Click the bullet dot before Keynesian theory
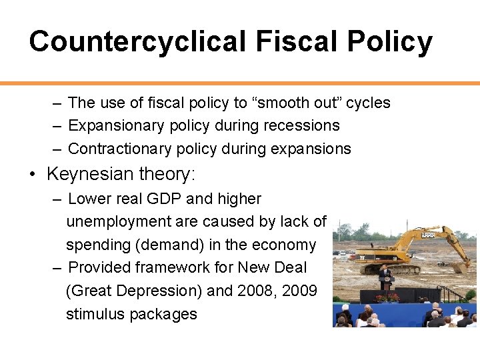tap(32, 175)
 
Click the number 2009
tap(299, 290)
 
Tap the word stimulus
tap(93, 313)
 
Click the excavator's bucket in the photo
tap(461, 267)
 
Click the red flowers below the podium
tap(387, 298)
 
